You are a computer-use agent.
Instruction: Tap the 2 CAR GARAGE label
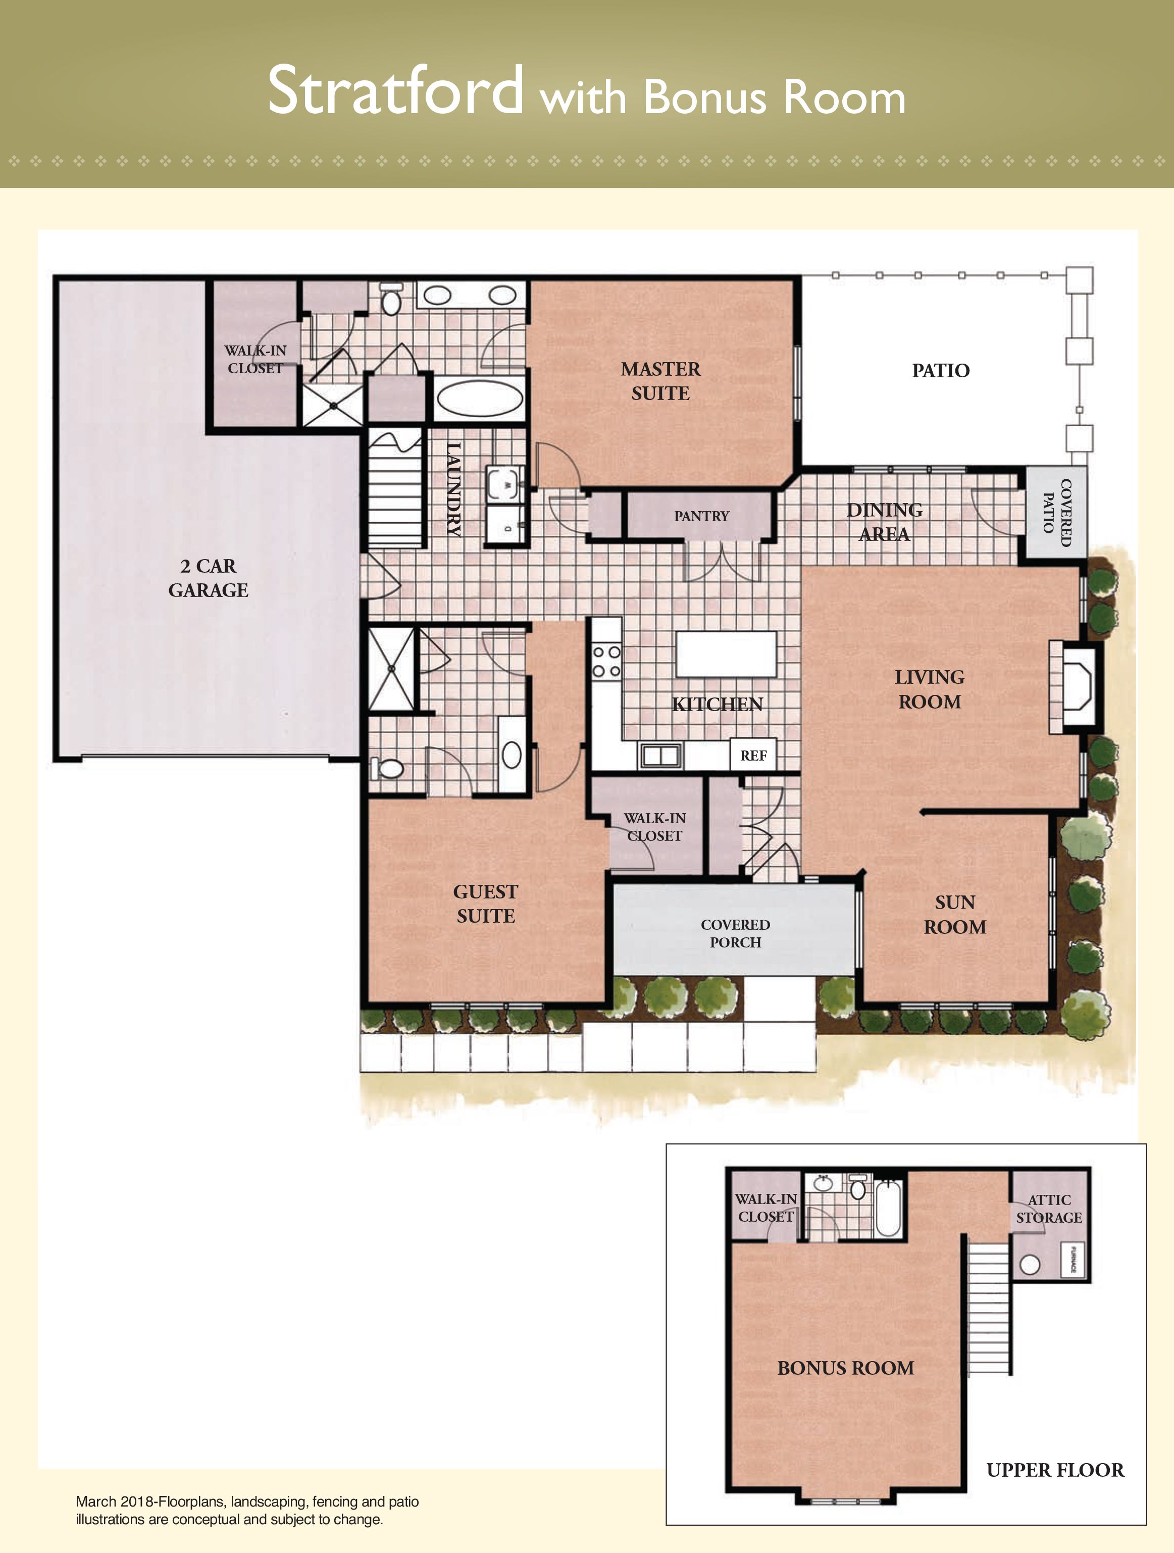[208, 578]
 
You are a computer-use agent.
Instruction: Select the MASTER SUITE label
[661, 381]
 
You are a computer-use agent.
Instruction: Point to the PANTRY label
[701, 516]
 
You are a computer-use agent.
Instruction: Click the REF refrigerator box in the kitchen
[753, 756]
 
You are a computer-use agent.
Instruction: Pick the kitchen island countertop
[726, 654]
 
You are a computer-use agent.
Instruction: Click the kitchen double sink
[661, 756]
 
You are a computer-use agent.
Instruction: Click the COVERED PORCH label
[735, 934]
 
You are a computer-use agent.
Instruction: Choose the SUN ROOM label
[955, 915]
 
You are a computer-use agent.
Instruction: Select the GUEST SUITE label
[486, 904]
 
